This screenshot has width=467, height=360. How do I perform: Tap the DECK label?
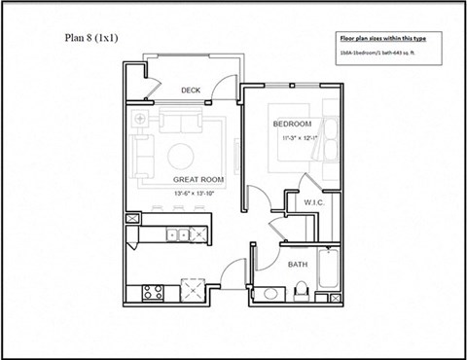191,90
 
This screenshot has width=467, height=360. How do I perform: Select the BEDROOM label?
292,125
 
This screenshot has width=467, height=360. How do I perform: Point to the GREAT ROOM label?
199,180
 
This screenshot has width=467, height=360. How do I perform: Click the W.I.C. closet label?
313,202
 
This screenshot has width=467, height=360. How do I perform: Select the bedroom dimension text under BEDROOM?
296,139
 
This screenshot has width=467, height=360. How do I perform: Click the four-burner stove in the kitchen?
153,289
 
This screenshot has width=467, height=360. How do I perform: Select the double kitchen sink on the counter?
177,234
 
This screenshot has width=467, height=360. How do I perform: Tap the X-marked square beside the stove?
190,289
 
